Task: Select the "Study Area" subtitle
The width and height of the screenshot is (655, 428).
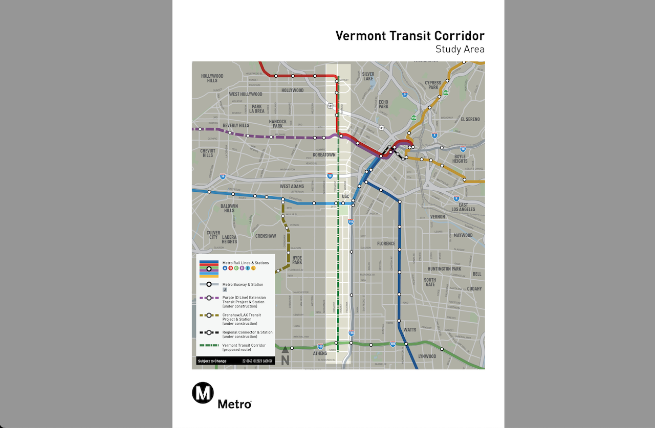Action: coord(460,50)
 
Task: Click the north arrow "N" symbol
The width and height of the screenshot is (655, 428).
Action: coord(285,356)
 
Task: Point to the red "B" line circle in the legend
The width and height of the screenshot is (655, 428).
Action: coord(230,268)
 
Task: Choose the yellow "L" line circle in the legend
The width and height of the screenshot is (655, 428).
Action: coord(253,268)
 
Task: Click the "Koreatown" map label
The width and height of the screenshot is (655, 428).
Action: coord(324,155)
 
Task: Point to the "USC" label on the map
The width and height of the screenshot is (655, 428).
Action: coord(345,196)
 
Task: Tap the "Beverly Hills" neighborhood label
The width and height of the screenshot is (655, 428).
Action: coord(236,126)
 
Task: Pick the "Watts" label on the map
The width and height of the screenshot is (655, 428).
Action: coord(410,330)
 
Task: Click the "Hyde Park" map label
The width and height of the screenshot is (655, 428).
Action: coord(297,260)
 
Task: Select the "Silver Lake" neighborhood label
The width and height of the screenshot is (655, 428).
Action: coord(368,76)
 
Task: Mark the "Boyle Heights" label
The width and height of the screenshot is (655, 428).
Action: coord(460,159)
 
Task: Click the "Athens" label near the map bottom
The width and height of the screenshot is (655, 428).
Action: coord(320,353)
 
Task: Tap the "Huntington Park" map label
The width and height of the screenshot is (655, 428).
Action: coord(445,269)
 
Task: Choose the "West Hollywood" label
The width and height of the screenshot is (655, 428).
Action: coord(246,94)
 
